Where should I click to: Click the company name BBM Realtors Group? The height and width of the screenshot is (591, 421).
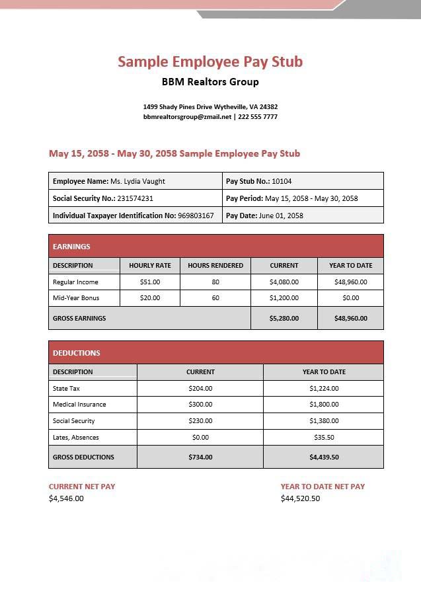pos(210,82)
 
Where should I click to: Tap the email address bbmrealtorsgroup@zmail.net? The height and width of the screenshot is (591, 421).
pos(187,117)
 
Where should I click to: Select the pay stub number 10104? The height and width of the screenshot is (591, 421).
pos(282,181)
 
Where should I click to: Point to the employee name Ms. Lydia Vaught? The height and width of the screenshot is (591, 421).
pos(137,181)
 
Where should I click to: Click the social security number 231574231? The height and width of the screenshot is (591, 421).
pos(135,198)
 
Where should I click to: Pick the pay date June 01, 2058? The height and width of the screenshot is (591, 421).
pos(281,216)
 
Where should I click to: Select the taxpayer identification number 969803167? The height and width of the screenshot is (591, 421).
pos(196,216)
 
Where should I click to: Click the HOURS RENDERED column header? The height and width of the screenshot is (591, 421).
pos(215,266)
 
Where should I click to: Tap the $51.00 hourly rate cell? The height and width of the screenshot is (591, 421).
pos(150,282)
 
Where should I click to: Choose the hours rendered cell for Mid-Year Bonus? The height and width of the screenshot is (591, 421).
pos(215,298)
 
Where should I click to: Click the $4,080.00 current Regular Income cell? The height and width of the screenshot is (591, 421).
pos(284,282)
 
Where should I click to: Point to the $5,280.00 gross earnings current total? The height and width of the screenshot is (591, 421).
pos(284,318)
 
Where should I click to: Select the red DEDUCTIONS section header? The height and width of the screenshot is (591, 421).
pos(215,353)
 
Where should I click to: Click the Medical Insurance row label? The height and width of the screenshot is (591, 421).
pos(79,405)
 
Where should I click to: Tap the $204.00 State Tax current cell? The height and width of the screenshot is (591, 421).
pos(200,389)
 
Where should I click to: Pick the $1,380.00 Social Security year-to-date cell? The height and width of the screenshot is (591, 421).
pos(324,421)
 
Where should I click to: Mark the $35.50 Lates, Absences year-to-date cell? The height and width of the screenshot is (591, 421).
pos(324,438)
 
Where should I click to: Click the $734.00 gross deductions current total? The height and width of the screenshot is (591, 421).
pos(200,457)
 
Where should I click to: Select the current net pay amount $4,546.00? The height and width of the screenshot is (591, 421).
pos(66,498)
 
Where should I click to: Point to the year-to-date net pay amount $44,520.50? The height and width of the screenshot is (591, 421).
pos(300,498)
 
